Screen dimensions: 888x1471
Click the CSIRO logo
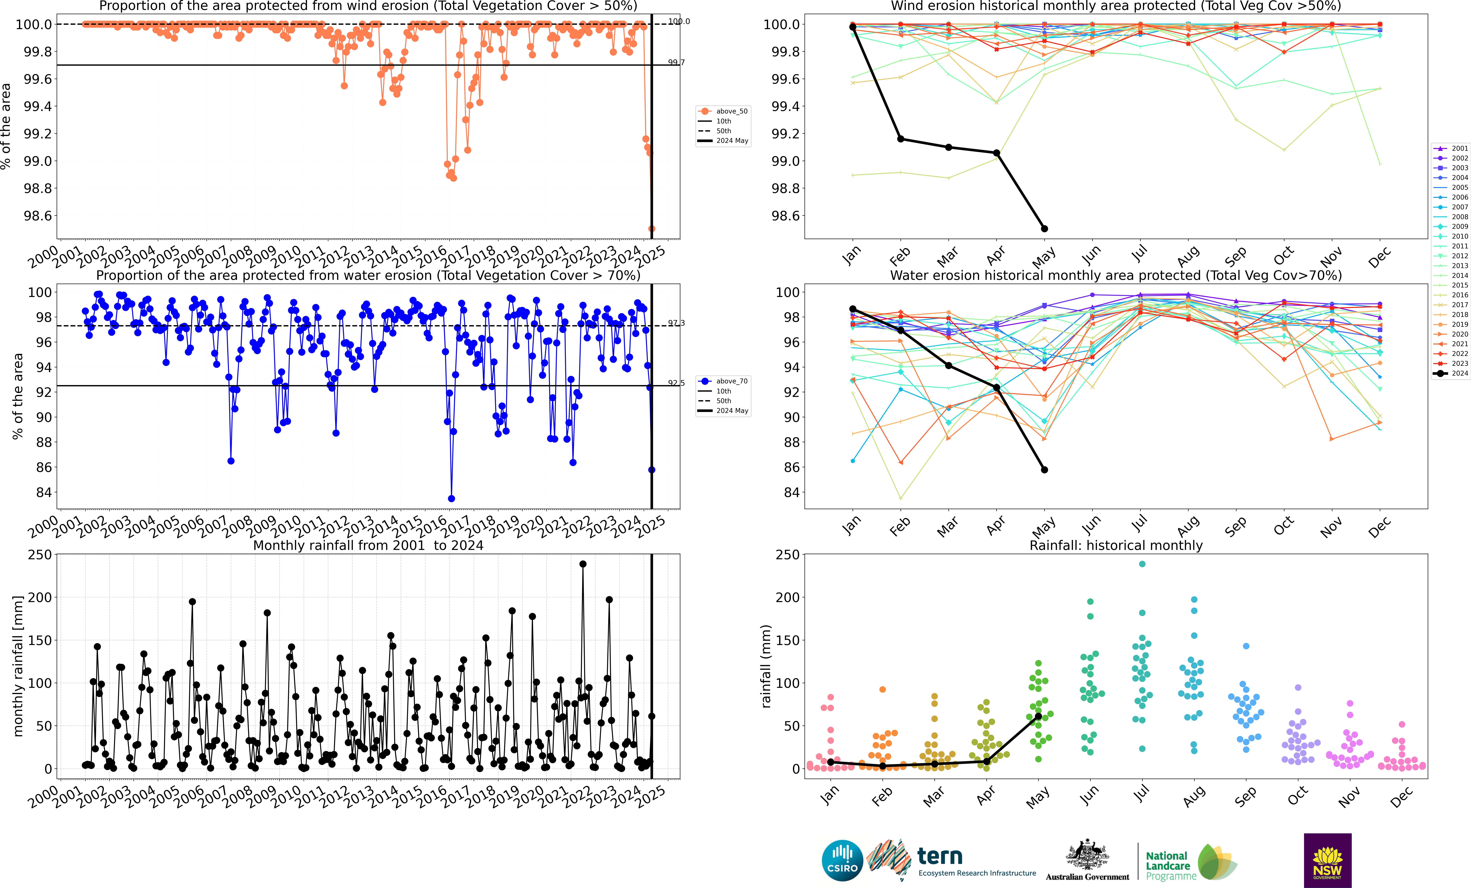click(842, 861)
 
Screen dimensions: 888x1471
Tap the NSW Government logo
click(1327, 861)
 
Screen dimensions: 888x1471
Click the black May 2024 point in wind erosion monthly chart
click(1044, 229)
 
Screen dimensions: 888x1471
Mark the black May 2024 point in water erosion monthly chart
click(1044, 470)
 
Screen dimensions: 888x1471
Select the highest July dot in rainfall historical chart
click(1142, 564)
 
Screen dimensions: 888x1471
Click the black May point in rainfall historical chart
click(1038, 716)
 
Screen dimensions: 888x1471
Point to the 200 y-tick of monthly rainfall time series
click(40, 597)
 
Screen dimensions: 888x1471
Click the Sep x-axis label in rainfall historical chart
click(1245, 797)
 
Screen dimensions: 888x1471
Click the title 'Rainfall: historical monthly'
click(1116, 545)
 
